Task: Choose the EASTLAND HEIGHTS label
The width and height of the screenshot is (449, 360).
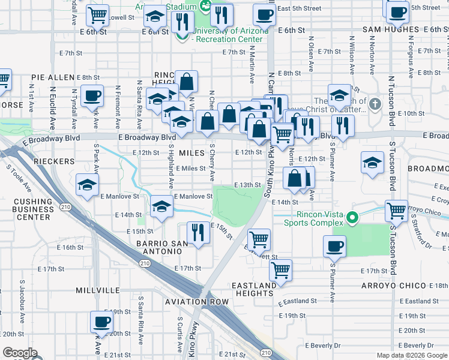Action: (x=255, y=289)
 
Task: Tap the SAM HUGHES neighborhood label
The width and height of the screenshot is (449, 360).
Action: (x=390, y=29)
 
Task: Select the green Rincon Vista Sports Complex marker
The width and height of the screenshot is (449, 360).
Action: (x=354, y=217)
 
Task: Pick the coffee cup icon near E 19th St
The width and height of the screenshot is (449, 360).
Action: (x=101, y=321)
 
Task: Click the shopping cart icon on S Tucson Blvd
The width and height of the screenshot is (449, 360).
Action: (x=396, y=211)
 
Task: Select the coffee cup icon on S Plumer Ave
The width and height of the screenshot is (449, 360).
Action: (x=334, y=245)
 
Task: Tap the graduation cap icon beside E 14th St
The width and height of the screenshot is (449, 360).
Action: (x=161, y=206)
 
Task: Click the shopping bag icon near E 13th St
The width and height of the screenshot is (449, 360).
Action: (x=295, y=178)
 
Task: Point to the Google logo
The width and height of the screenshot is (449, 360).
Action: (x=20, y=353)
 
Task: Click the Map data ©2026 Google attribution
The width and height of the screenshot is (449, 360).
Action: (x=411, y=355)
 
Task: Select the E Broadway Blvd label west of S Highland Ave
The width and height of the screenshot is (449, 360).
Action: (x=143, y=137)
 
